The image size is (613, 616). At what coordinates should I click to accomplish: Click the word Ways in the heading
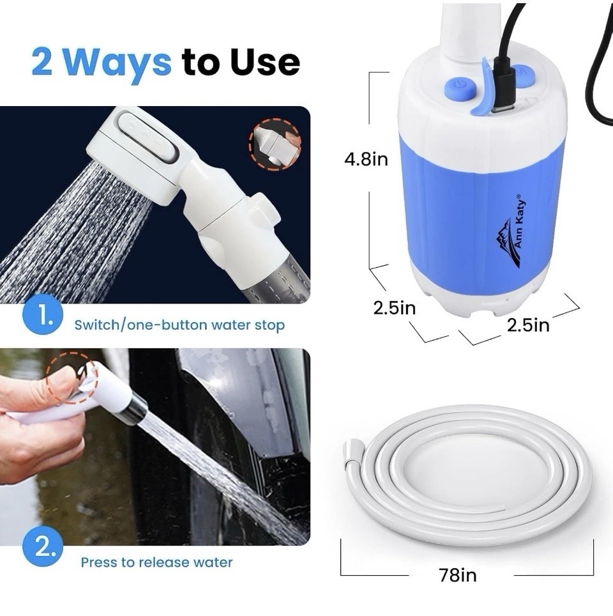pos(117,63)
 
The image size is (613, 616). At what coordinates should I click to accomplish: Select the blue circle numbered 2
pos(42,546)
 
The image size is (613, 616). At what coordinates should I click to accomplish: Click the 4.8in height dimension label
pos(366,159)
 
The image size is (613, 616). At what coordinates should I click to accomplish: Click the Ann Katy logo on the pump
pos(511,231)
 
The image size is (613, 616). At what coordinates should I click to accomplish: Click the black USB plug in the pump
pos(501,82)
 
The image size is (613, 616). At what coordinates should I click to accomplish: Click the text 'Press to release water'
pos(156,562)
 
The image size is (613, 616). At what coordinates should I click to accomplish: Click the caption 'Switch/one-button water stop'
pos(179,325)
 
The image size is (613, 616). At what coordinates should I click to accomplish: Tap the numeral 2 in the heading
pos(42,62)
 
